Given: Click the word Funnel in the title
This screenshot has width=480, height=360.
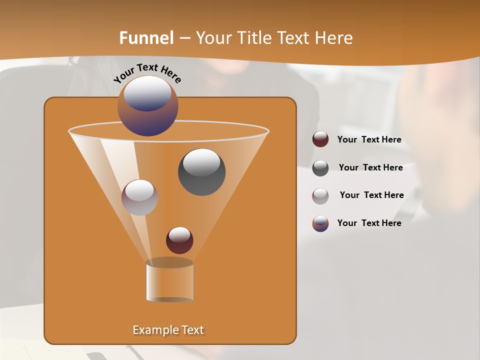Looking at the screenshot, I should click(146, 37).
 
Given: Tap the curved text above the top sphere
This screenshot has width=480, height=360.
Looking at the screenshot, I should click(147, 73).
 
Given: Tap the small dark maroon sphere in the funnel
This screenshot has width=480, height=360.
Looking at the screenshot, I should click(179, 240).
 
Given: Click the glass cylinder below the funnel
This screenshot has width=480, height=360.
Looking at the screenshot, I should click(169, 281).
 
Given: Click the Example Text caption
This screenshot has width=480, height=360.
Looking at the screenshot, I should click(168, 330).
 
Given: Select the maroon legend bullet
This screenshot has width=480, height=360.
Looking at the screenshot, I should click(320, 139).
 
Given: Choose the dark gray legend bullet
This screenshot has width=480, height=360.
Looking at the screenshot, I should click(320, 168).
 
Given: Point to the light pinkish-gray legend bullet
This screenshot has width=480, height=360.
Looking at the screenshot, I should click(320, 195).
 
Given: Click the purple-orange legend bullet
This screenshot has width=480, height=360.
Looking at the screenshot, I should click(320, 223).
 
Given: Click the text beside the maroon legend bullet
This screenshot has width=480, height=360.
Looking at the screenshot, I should click(369, 140).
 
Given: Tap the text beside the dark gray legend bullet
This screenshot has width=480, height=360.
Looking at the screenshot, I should click(370, 168).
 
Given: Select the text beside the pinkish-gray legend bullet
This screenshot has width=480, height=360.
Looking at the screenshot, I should click(371, 195).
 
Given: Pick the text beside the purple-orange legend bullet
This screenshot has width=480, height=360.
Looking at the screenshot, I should click(369, 223).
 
